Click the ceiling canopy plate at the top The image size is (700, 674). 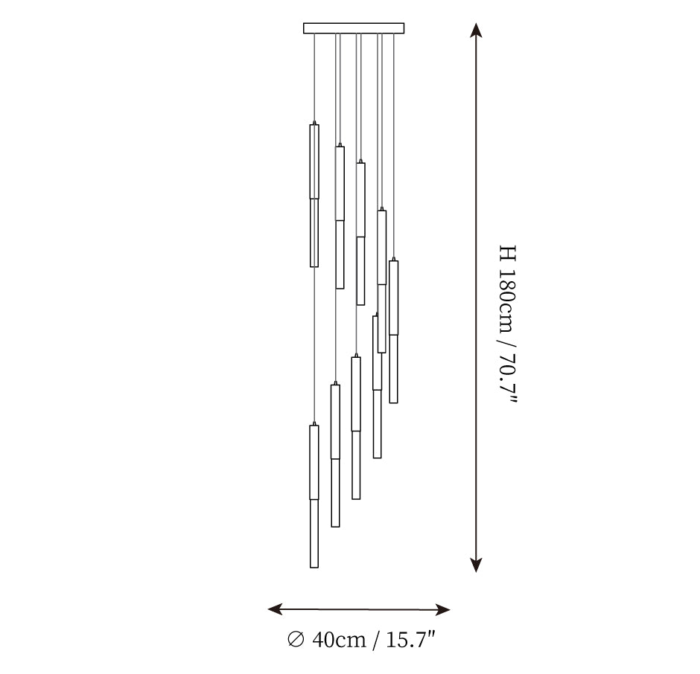point(354,28)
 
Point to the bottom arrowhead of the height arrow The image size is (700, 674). point(477,565)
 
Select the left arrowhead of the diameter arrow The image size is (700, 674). point(275,609)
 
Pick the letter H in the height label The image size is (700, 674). point(508,253)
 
